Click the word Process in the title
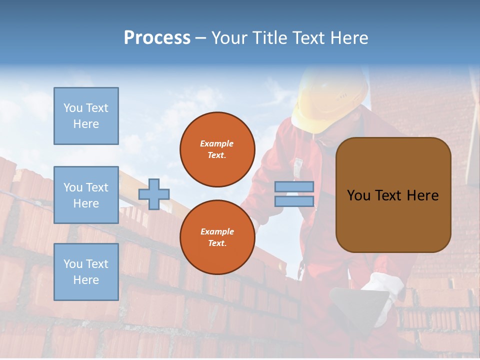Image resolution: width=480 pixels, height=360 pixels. click(157, 38)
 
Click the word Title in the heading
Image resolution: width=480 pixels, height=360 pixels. click(268, 38)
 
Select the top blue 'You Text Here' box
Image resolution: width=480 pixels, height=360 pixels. click(86, 116)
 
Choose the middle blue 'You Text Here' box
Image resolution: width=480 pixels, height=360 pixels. click(86, 195)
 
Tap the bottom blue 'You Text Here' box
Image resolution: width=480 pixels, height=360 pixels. click(86, 272)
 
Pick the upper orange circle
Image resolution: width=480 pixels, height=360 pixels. click(217, 149)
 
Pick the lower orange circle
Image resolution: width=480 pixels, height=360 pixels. click(217, 237)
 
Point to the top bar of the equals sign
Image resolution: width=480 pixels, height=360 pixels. click(294, 187)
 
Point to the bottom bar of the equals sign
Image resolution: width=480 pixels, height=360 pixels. click(294, 201)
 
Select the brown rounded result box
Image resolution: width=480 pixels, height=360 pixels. click(393, 195)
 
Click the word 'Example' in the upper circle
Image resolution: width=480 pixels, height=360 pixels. click(217, 143)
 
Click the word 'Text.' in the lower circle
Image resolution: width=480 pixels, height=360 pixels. click(217, 243)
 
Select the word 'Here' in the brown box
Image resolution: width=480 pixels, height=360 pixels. click(422, 195)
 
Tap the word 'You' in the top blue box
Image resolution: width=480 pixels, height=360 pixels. click(73, 108)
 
